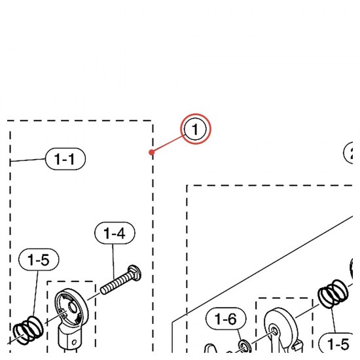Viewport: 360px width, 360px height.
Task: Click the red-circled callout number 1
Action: coord(196,129)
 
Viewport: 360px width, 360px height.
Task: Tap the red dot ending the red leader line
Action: coord(151,153)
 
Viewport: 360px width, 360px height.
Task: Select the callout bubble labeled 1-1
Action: coord(65,159)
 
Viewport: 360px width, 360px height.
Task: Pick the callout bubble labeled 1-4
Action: coord(115,233)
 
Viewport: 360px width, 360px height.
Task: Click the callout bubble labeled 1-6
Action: coord(226,319)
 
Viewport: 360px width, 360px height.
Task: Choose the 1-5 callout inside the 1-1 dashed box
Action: coord(39,260)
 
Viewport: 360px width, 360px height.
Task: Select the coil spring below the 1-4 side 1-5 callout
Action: coord(28,330)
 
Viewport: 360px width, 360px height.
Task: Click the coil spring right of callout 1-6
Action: coord(333,293)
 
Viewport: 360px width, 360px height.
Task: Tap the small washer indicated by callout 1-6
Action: coord(245,346)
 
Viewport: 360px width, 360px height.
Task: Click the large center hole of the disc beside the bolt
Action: coord(73,307)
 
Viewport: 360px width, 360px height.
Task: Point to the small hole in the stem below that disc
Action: coord(74,343)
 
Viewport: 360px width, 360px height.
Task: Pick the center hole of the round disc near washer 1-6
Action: coord(274,331)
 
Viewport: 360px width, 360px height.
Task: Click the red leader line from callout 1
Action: coord(168,144)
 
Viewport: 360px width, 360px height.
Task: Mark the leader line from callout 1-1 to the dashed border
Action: coord(28,160)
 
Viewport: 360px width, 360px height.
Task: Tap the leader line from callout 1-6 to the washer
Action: coord(240,335)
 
